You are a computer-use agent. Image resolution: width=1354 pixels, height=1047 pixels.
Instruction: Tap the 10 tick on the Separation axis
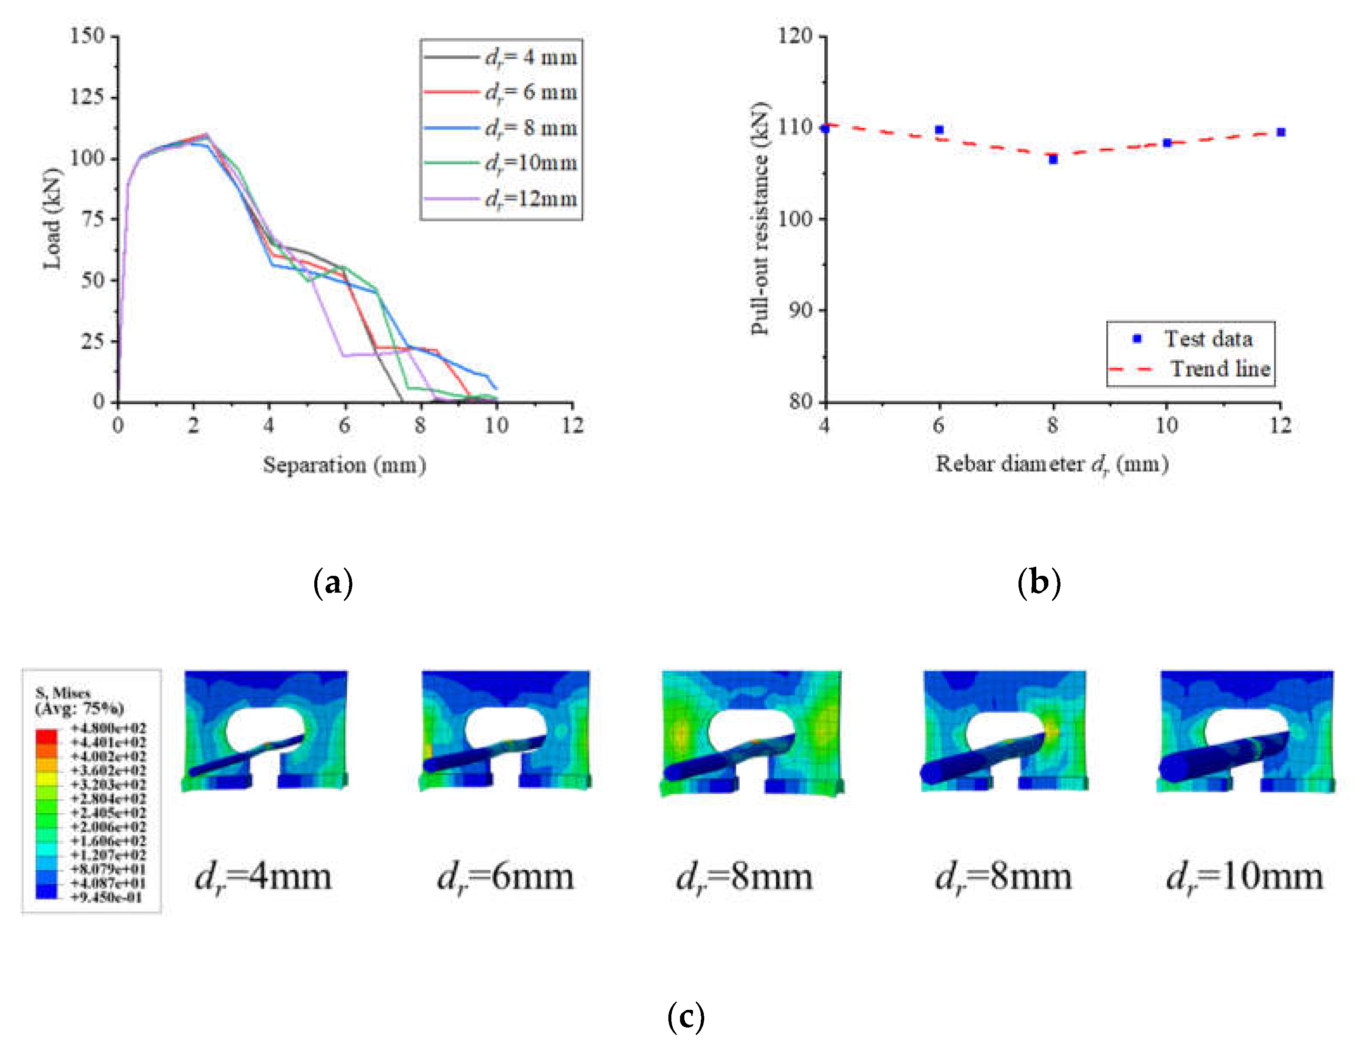pos(496,426)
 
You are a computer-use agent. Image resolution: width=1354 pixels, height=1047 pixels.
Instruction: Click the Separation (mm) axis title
pos(344,465)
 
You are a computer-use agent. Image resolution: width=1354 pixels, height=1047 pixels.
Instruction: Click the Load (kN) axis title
pos(53,219)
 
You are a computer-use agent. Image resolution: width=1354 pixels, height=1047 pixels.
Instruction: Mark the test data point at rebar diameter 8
pos(1053,160)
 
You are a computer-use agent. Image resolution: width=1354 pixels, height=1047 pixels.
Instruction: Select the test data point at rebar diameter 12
pos(1281,132)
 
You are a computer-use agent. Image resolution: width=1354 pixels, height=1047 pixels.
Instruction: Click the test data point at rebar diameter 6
pos(939,130)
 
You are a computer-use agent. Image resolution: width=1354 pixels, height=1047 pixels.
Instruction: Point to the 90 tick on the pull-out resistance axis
pos(800,310)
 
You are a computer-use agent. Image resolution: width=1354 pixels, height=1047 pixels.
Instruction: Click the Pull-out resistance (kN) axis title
pos(760,219)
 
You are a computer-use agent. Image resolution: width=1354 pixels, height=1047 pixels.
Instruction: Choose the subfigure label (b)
pos(1039,583)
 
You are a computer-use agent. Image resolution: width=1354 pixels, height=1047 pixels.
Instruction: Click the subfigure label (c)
pos(686,1017)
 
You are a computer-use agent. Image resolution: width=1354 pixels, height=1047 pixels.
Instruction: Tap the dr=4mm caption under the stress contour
pos(263,877)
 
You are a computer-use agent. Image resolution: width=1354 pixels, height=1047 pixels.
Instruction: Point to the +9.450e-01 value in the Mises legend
pos(107,897)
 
